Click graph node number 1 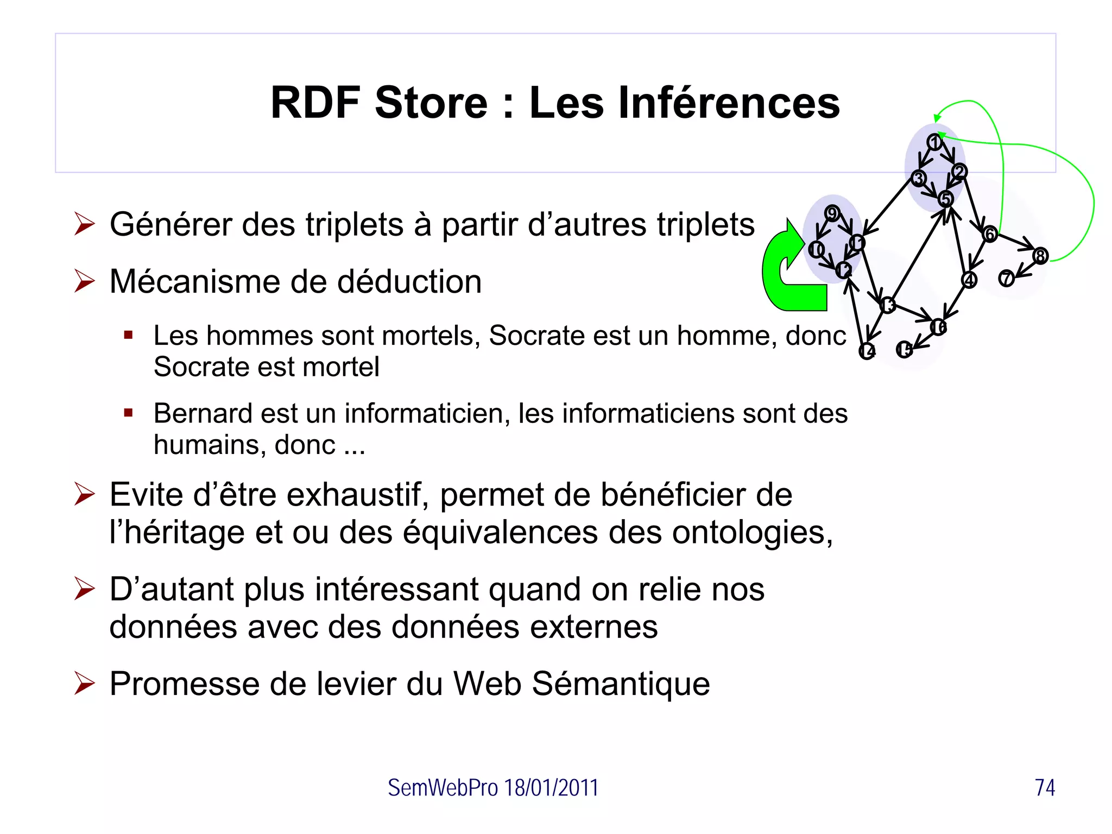point(934,142)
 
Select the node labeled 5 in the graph point(946,199)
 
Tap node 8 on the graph point(1040,256)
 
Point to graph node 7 point(1006,279)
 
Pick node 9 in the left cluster point(832,213)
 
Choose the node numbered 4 point(969,280)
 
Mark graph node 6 point(990,234)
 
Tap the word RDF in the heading point(315,103)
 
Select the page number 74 point(1045,787)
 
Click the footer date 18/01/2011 point(551,787)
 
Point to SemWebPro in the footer point(443,787)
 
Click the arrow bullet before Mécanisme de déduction point(85,281)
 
